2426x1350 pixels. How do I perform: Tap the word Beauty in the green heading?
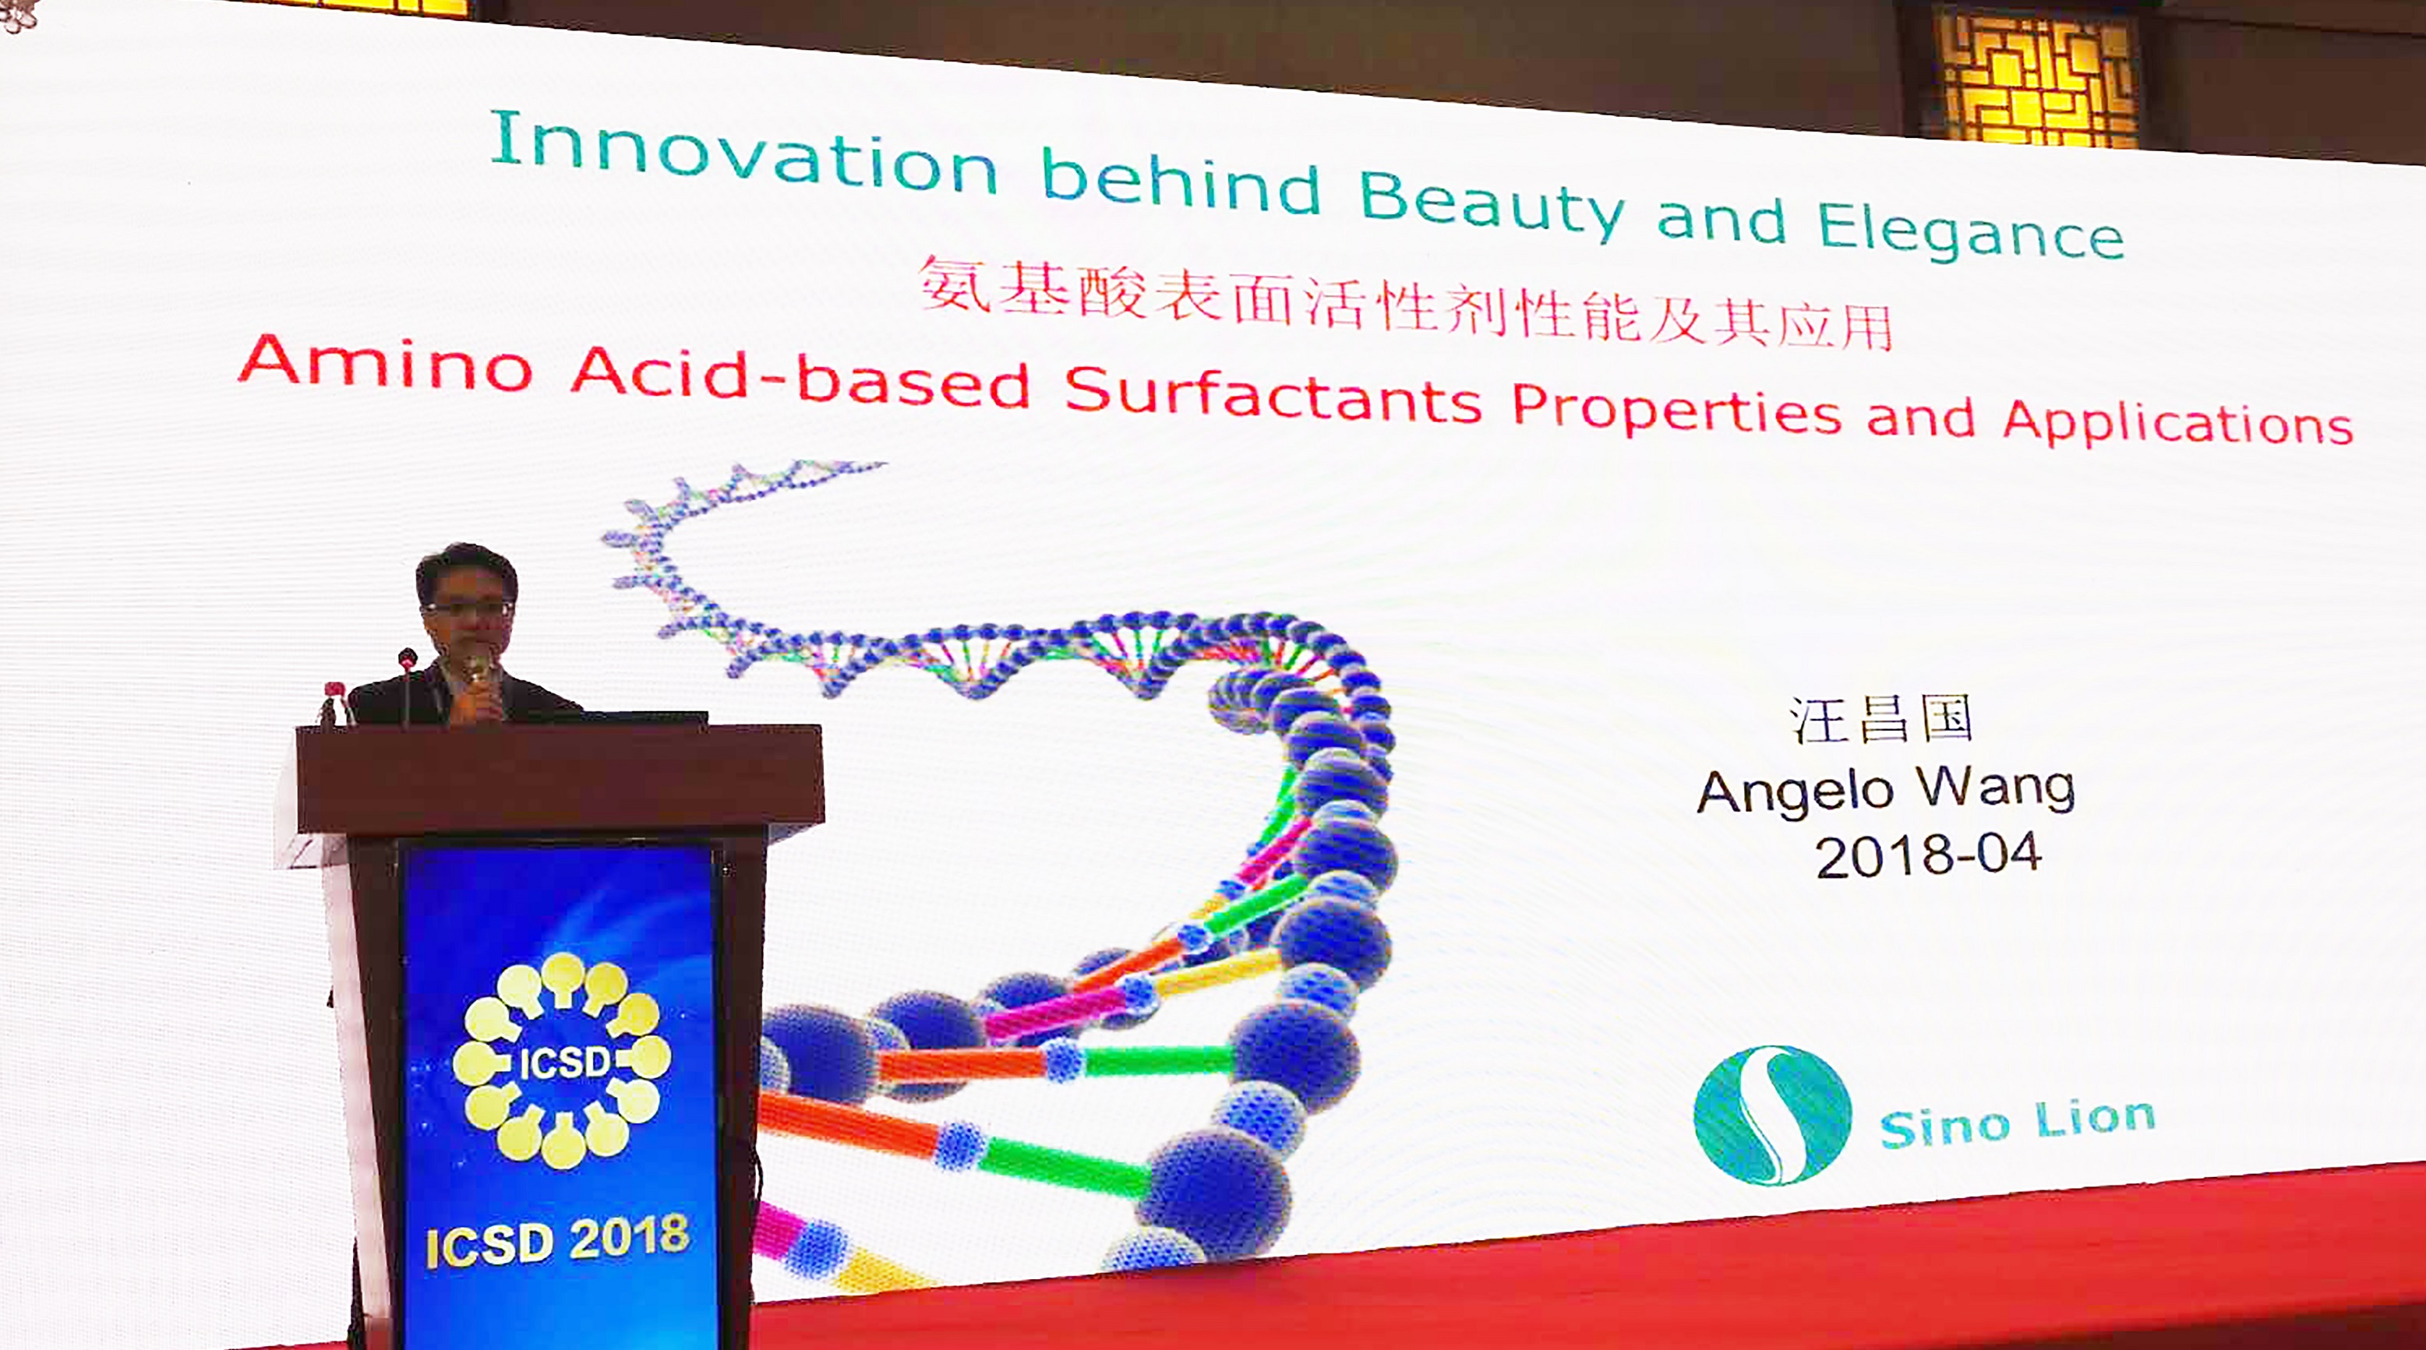pyautogui.click(x=1492, y=205)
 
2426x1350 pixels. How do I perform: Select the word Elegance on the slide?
pyautogui.click(x=1970, y=231)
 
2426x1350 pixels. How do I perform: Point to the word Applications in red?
pyautogui.click(x=2177, y=421)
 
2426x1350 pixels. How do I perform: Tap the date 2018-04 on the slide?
pyautogui.click(x=1927, y=855)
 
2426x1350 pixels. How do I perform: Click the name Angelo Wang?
pyautogui.click(x=1885, y=789)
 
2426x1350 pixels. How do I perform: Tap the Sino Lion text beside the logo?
pyautogui.click(x=2018, y=1123)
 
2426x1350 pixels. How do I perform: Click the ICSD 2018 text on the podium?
pyautogui.click(x=557, y=1240)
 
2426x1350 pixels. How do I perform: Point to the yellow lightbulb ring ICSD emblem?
pyautogui.click(x=562, y=1060)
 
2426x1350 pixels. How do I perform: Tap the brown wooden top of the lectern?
pyautogui.click(x=560, y=777)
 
